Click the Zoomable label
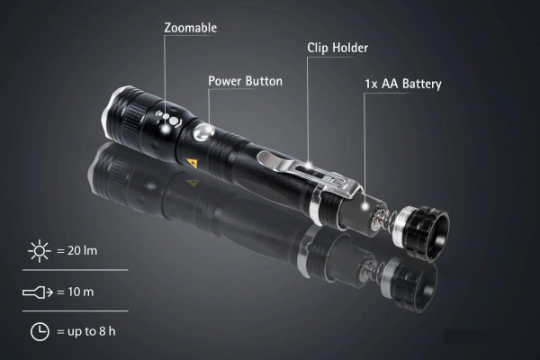(191, 28)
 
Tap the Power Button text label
(245, 81)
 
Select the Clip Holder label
(337, 48)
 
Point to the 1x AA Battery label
(403, 84)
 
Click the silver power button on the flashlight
(204, 132)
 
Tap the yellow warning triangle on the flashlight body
(190, 162)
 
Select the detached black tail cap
(421, 232)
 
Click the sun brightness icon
(40, 251)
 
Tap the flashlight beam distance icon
(38, 292)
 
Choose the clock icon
(40, 332)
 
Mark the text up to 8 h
(91, 331)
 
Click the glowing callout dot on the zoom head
(166, 129)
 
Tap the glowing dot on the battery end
(364, 207)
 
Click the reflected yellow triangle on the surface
(193, 182)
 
